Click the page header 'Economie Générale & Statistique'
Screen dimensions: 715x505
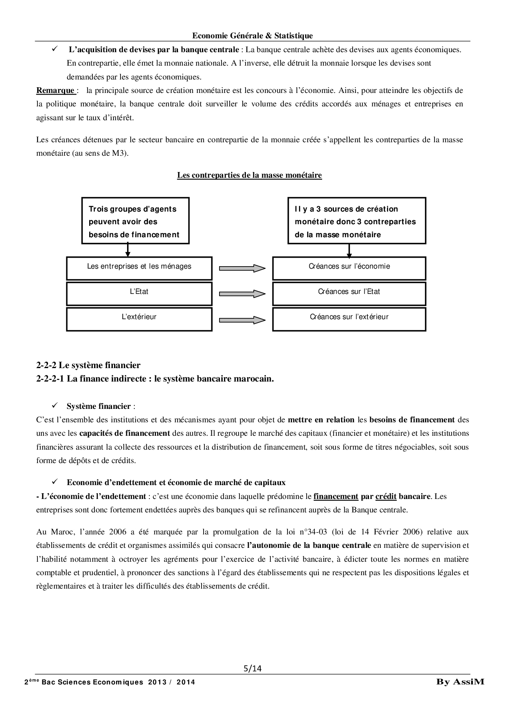[x=252, y=35]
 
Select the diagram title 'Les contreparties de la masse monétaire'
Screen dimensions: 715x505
[x=249, y=175]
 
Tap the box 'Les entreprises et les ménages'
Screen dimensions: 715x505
[x=139, y=268]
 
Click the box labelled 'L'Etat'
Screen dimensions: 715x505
[x=139, y=293]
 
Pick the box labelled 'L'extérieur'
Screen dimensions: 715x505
[x=139, y=318]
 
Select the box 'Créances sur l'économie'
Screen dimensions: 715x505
[x=349, y=268]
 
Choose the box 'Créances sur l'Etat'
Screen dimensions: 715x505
[x=349, y=293]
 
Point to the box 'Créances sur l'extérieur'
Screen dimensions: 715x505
[x=349, y=318]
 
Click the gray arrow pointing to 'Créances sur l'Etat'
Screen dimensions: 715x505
[x=242, y=294]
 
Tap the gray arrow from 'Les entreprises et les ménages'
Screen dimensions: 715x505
[x=242, y=268]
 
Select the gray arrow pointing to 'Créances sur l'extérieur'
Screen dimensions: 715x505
[x=242, y=320]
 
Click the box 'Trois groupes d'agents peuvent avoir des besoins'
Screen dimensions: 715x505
[x=135, y=221]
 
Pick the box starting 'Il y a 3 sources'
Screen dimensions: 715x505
[x=357, y=221]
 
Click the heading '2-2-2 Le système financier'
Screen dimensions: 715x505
[x=88, y=365]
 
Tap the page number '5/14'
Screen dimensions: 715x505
[x=252, y=668]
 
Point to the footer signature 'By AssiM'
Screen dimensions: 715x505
[x=460, y=682]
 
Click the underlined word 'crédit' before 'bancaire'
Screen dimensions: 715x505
[x=386, y=496]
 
